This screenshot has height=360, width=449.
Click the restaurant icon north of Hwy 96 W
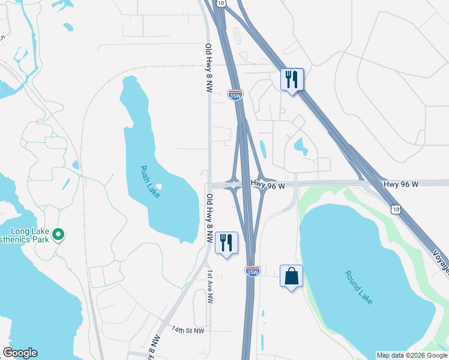tap(292, 80)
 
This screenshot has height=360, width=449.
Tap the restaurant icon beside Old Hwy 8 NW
tap(226, 244)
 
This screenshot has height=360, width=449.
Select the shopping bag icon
tap(291, 277)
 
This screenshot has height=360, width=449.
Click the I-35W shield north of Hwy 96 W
tap(235, 94)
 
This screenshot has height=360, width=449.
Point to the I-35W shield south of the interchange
tap(253, 272)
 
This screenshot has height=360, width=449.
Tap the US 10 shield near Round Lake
tap(394, 209)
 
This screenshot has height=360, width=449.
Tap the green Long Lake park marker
tap(58, 234)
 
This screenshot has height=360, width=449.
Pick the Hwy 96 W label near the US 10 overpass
tap(401, 184)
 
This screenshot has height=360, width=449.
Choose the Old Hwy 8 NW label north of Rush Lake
tap(209, 67)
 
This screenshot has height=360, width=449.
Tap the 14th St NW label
tap(188, 330)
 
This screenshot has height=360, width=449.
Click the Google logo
tap(20, 353)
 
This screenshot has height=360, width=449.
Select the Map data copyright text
tap(412, 355)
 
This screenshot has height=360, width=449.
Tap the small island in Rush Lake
tap(158, 187)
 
